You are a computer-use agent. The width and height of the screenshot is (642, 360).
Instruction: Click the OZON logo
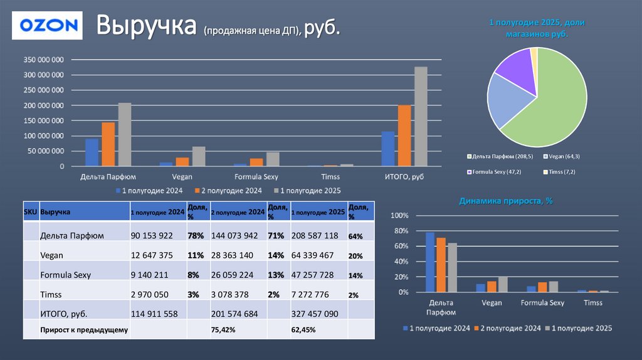(x=49, y=26)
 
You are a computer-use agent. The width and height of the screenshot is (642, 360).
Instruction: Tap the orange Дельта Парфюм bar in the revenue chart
(x=108, y=144)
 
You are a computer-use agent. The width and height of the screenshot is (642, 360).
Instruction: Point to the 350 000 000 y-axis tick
(x=44, y=60)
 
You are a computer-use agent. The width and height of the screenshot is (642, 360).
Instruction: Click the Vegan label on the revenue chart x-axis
(x=182, y=177)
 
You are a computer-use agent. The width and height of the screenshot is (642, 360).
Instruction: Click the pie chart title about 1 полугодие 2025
(x=537, y=28)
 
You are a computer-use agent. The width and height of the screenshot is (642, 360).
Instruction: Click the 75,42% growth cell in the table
(x=223, y=329)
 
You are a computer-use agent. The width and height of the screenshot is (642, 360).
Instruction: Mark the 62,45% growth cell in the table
(x=303, y=329)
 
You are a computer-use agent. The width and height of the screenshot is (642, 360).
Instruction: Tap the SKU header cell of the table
(x=30, y=212)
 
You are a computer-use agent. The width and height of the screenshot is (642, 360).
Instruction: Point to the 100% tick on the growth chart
(x=399, y=216)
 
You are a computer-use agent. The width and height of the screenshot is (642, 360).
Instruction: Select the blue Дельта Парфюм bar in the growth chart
(x=429, y=262)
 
